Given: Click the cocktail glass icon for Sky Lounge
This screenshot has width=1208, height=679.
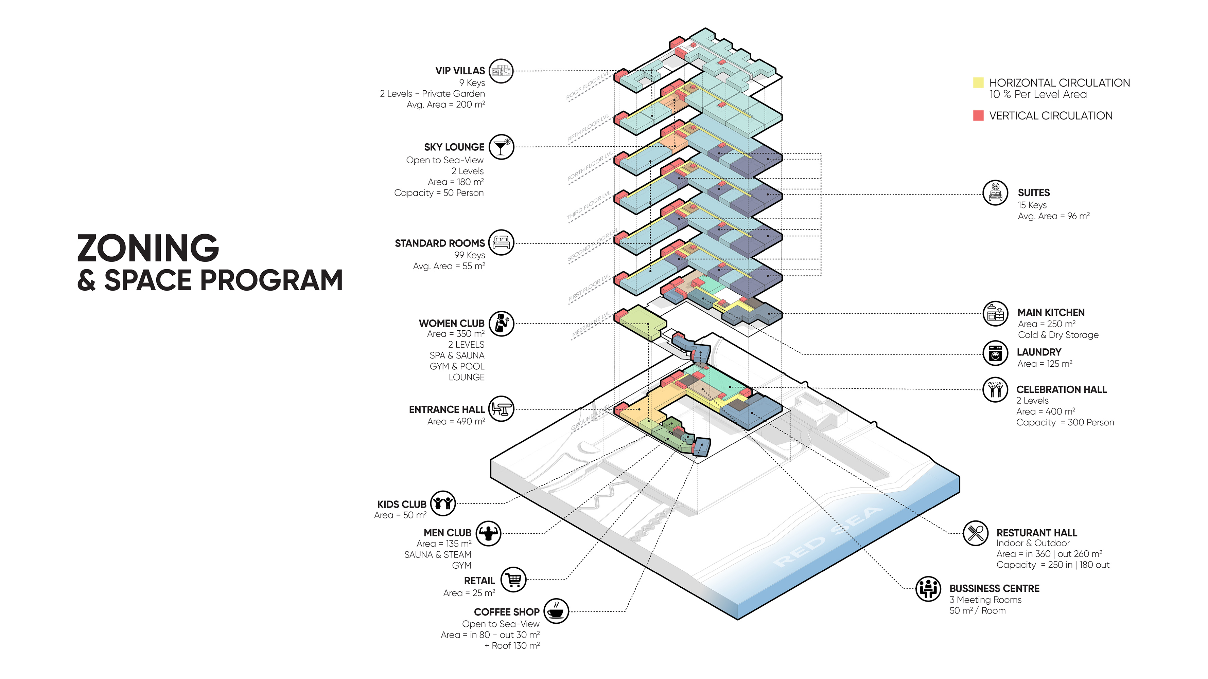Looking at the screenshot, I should click(x=501, y=147).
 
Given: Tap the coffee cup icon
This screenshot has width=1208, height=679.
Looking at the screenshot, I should click(x=556, y=611).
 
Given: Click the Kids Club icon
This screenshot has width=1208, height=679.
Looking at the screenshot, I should click(x=443, y=503).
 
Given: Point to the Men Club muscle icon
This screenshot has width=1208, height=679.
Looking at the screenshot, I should click(x=488, y=533).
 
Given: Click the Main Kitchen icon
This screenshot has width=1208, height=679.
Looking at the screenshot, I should click(x=995, y=313).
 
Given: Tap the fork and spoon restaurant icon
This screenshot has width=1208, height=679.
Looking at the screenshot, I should click(x=975, y=533).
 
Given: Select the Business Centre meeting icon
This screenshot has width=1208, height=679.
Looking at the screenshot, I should click(x=928, y=589).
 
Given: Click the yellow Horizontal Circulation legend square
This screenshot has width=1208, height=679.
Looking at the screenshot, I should click(x=978, y=83).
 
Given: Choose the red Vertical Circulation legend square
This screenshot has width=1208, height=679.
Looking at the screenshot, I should click(x=978, y=116).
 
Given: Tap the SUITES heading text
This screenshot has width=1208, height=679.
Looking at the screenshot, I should click(x=1034, y=192).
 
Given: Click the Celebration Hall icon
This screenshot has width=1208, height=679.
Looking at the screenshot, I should click(x=995, y=389).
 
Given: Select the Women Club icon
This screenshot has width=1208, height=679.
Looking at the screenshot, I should click(x=501, y=323).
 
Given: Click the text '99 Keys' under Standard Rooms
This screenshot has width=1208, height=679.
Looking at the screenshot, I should click(x=469, y=255).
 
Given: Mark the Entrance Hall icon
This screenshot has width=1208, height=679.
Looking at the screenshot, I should click(x=501, y=409).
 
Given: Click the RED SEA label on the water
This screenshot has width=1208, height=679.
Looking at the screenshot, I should click(x=828, y=536).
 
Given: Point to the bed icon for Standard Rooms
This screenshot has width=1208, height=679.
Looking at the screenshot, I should click(x=501, y=243).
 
